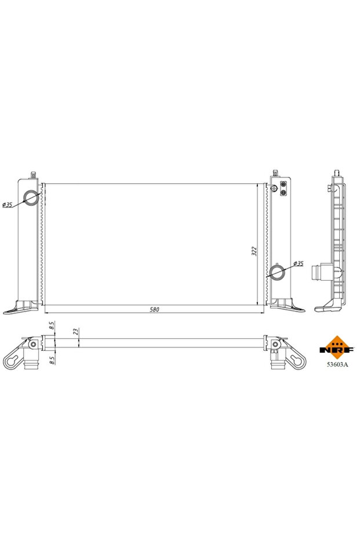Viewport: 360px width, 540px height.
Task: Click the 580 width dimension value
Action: (x=154, y=309)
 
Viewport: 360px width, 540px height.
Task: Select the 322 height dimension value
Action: (x=254, y=251)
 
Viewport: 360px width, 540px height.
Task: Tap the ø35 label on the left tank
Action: (x=8, y=204)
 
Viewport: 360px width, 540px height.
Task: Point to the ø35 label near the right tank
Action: (x=298, y=264)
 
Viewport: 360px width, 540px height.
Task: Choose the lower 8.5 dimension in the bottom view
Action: (x=52, y=360)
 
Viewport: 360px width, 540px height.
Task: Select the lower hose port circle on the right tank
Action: (x=277, y=271)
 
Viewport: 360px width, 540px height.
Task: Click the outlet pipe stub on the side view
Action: (x=318, y=272)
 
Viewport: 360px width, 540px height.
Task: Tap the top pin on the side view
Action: (x=336, y=173)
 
